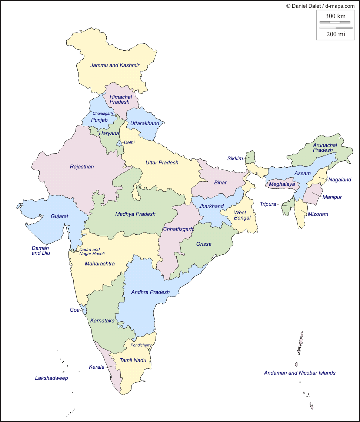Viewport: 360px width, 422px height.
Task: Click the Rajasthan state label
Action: coord(82,167)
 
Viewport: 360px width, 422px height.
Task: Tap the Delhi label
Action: coord(129,142)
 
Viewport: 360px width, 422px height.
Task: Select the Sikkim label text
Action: coord(235,158)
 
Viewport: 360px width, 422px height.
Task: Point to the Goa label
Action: coord(74,310)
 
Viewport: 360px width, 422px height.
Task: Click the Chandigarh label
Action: coord(103,113)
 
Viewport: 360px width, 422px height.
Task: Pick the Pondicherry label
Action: coord(141,345)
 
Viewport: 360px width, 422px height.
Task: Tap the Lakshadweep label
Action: coord(51,378)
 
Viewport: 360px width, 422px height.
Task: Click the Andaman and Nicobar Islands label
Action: coord(300,373)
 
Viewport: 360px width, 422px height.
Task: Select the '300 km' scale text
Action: coord(336,16)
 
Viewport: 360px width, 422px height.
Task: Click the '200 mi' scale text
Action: coord(336,34)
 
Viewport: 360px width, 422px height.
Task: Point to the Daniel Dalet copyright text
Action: coord(320,6)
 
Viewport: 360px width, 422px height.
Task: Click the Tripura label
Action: coord(268,204)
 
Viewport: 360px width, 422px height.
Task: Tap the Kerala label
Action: coord(96,367)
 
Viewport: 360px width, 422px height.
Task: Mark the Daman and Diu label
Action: coord(40,251)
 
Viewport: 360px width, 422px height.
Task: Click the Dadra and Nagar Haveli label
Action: coord(92,251)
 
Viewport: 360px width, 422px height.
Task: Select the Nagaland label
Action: coord(340,180)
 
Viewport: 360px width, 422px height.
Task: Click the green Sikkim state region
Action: coord(251,157)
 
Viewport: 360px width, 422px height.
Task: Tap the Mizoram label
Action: coord(318,214)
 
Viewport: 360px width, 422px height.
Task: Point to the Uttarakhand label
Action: coord(144,123)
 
